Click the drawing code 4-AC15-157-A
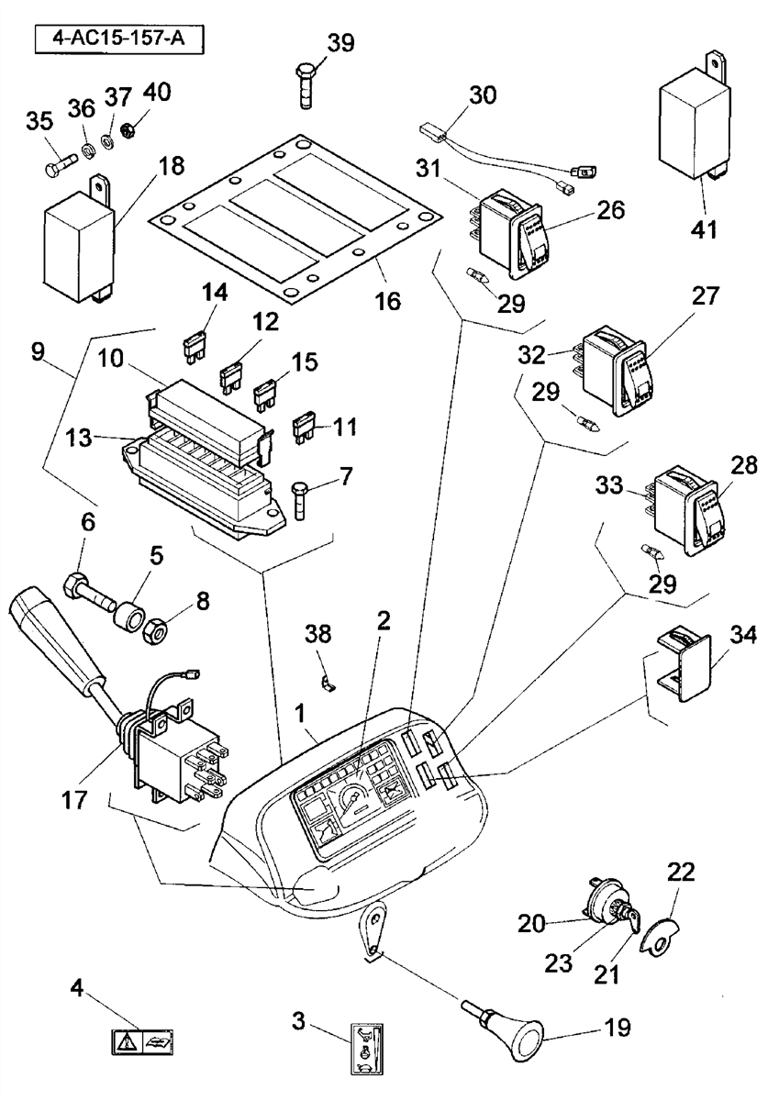118,39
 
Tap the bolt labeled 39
306,86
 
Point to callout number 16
388,301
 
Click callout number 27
705,296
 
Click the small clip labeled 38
328,683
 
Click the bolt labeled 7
299,501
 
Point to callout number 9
38,352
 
